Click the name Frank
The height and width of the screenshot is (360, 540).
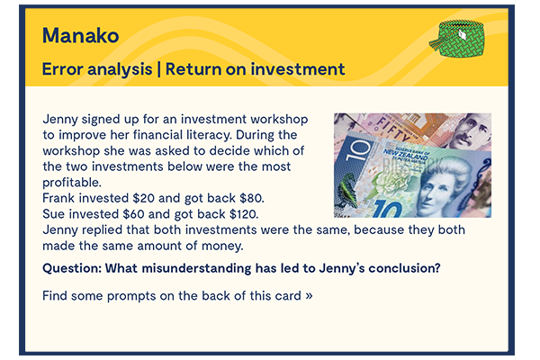[59, 199]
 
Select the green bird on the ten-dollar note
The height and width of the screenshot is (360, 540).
[347, 187]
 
